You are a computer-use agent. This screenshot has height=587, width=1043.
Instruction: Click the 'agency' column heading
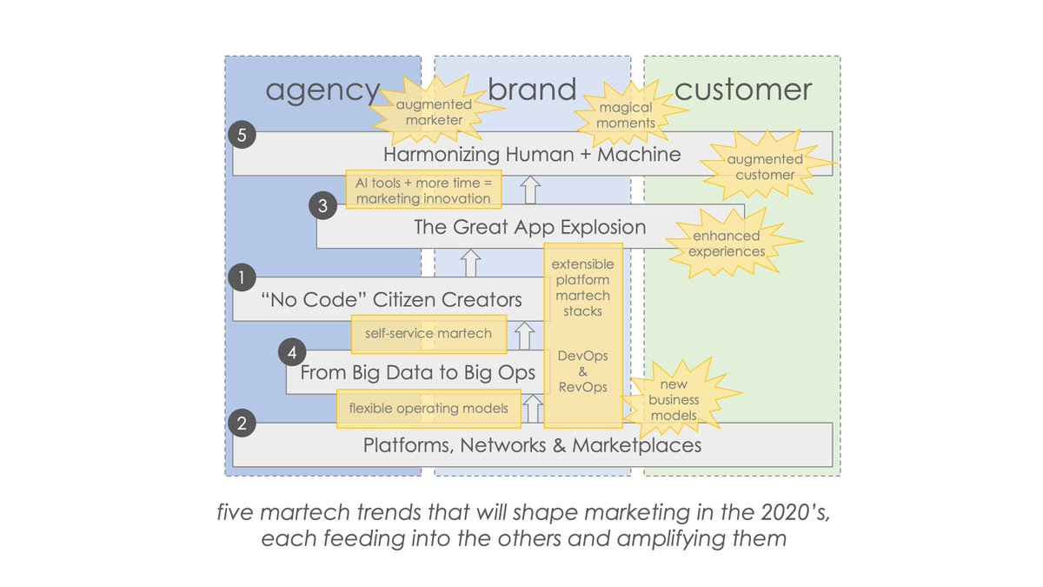[322, 90]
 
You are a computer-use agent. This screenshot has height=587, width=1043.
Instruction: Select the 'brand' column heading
[532, 89]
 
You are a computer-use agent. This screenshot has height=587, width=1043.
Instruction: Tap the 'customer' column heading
[743, 89]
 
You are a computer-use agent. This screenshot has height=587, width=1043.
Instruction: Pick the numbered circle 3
[322, 206]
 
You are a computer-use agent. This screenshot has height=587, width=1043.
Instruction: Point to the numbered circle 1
[239, 277]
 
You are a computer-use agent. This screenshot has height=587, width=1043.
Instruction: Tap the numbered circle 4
[293, 353]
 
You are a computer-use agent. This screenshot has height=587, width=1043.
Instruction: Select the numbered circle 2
[240, 424]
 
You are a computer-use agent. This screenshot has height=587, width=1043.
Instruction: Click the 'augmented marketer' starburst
[439, 112]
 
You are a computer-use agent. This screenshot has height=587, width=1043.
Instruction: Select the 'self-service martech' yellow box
[428, 333]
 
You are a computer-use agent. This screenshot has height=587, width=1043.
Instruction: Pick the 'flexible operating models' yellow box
[428, 408]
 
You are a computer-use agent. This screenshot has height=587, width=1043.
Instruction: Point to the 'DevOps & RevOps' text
[582, 371]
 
